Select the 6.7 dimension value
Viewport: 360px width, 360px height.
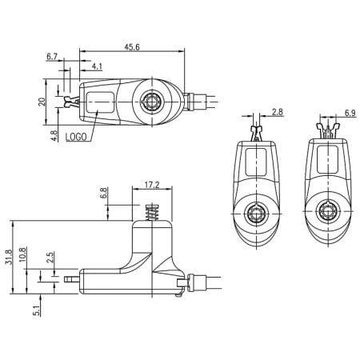[x=53, y=57]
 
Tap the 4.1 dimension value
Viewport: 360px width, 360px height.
[x=96, y=66]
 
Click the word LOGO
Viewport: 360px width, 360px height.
[x=78, y=137]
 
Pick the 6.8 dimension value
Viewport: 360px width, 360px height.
[x=103, y=194]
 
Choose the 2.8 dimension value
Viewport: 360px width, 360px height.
[x=277, y=113]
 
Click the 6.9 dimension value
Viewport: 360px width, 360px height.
[x=350, y=113]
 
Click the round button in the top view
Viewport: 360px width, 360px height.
[x=150, y=102]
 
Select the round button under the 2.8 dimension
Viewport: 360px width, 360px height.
[x=258, y=214]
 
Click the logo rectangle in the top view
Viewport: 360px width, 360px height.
[x=98, y=103]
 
